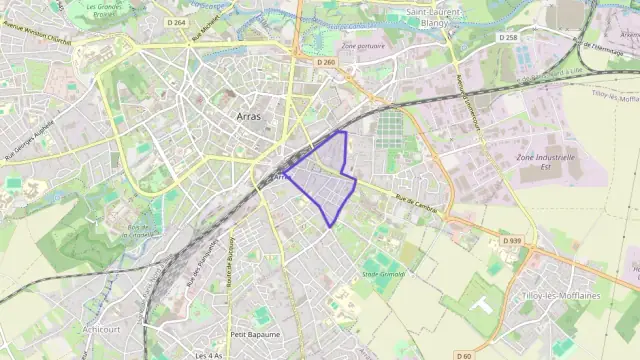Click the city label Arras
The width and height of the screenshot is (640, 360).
(250, 117)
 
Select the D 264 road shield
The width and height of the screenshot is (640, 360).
(177, 22)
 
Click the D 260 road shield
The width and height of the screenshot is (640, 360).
(326, 62)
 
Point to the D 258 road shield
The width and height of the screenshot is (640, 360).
(508, 37)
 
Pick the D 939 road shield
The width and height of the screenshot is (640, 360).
(512, 241)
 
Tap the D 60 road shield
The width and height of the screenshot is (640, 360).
(463, 356)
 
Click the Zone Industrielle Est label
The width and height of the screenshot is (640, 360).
(545, 162)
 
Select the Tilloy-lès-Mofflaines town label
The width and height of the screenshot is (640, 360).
(559, 296)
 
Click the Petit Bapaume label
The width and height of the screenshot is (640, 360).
(252, 334)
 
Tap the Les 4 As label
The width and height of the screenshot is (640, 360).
(209, 355)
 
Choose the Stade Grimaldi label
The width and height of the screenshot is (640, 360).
(383, 272)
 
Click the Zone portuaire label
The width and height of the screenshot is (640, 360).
(362, 46)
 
